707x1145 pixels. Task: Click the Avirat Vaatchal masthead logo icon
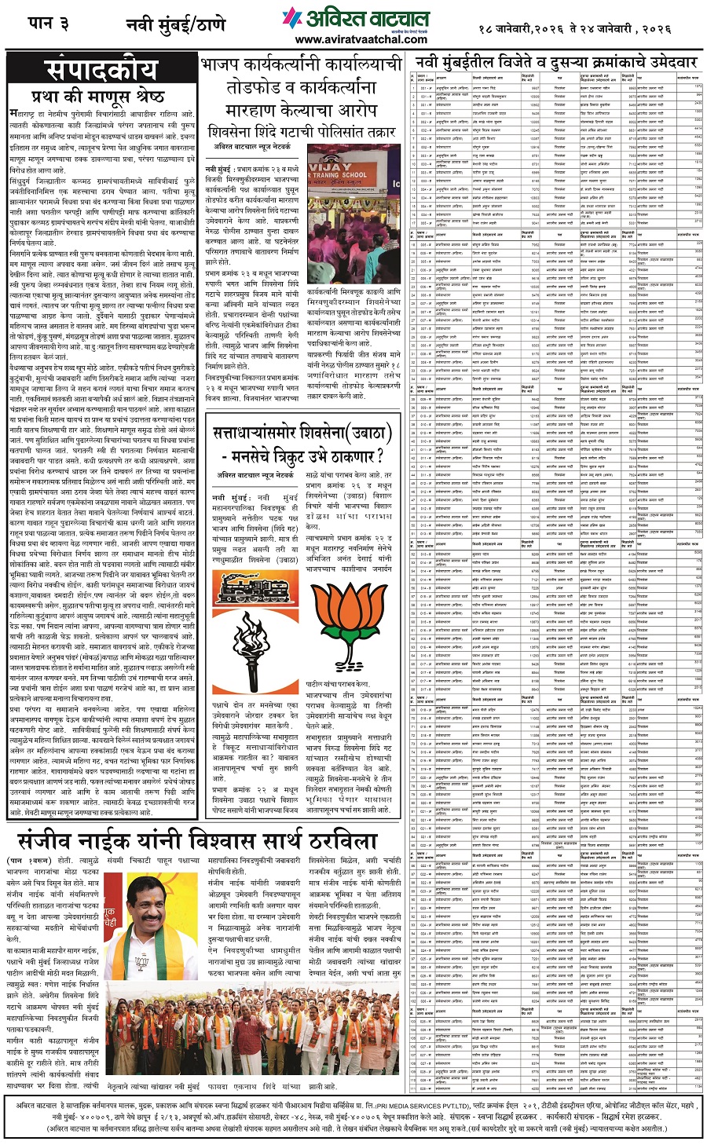[x=292, y=17]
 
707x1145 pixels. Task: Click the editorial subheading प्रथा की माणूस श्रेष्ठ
[x=98, y=97]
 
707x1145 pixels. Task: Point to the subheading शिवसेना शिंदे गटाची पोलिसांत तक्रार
[x=302, y=130]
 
